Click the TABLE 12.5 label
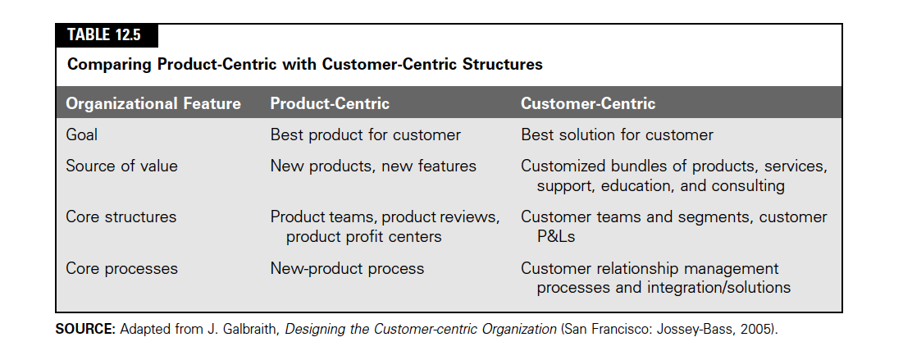(103, 35)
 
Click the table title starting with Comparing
(304, 64)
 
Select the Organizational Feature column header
(153, 103)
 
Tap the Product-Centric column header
(330, 103)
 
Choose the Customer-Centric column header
(588, 103)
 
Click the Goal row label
(82, 134)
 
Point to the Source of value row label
(121, 166)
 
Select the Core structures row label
(121, 217)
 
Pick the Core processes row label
(121, 269)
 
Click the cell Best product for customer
(365, 134)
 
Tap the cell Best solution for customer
(617, 134)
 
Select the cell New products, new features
(373, 166)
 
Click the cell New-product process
(347, 269)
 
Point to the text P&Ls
(556, 237)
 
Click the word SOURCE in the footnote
(85, 329)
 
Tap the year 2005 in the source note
(757, 330)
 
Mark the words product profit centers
(363, 237)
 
